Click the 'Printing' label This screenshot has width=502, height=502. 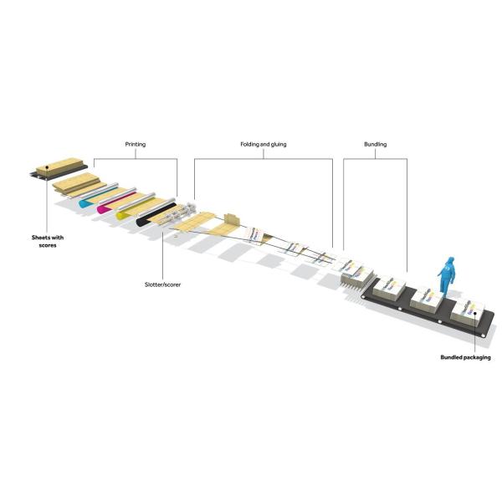pyautogui.click(x=135, y=145)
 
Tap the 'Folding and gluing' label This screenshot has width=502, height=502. pyautogui.click(x=263, y=145)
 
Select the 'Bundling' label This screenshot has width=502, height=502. pyautogui.click(x=376, y=145)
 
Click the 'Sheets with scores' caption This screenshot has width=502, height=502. pyautogui.click(x=43, y=242)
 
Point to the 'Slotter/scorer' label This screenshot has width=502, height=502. pyautogui.click(x=162, y=284)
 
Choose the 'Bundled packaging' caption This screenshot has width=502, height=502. pyautogui.click(x=465, y=357)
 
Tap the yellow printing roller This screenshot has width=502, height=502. pyautogui.click(x=127, y=215)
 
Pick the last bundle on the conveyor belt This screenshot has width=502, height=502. pyautogui.click(x=465, y=315)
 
